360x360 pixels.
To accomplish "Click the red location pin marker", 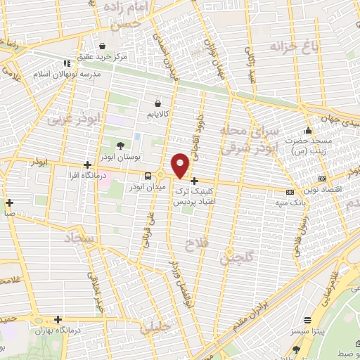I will coord(181,165).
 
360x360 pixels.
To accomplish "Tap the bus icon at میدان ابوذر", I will coord(148,176).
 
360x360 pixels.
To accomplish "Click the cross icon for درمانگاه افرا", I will coord(87,165).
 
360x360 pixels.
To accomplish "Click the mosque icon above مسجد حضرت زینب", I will coord(307,131).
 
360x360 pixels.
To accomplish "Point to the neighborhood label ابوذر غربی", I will coord(70,119).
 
